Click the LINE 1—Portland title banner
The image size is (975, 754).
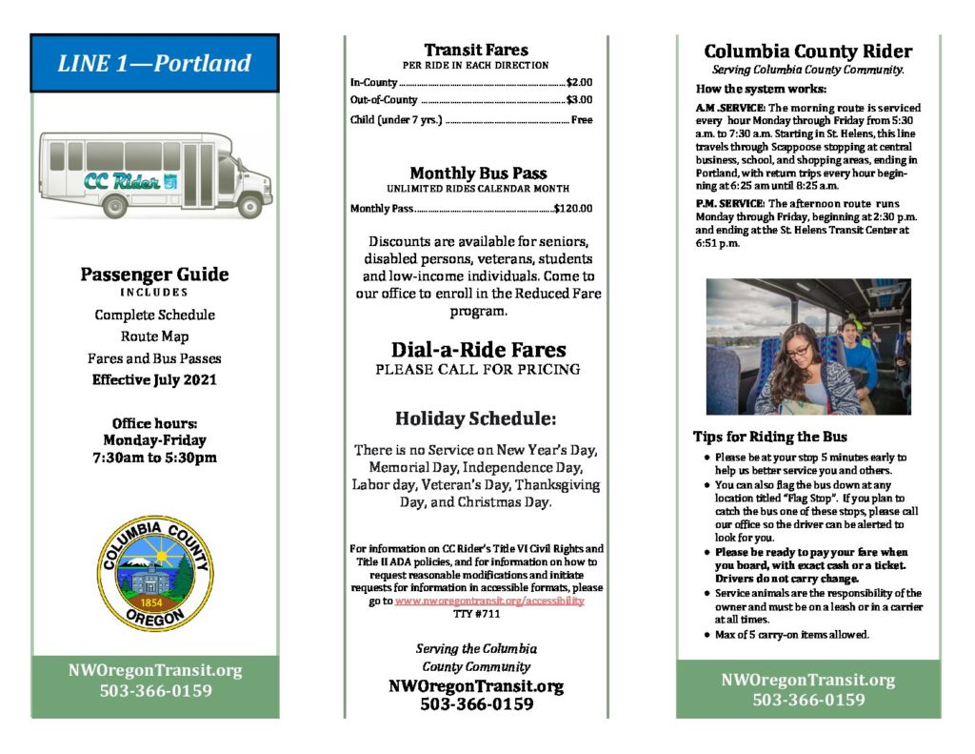[x=154, y=64]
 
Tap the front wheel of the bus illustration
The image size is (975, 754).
[x=249, y=203]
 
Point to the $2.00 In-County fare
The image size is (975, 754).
[x=579, y=82]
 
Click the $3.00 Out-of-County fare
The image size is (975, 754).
[x=579, y=99]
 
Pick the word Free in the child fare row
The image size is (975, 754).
[x=581, y=120]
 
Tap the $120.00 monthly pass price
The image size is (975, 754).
[x=573, y=208]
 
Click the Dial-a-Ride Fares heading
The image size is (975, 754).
[x=478, y=350]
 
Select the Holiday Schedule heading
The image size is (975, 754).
[x=476, y=418]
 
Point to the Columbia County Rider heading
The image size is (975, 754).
[x=807, y=51]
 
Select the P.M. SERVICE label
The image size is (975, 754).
[x=729, y=204]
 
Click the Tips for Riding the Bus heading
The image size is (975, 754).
[x=769, y=437]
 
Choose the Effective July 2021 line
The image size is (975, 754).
[x=154, y=379]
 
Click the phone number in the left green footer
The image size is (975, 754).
[x=155, y=691]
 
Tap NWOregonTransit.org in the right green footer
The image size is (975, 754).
[x=808, y=680]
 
